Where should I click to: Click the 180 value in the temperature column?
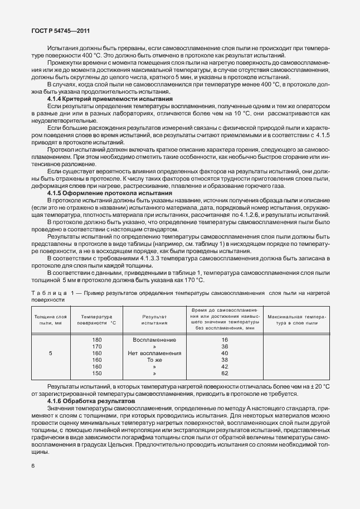click(96, 340)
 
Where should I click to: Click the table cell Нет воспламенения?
click(154, 353)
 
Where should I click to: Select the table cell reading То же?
click(154, 360)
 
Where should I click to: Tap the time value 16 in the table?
click(225, 340)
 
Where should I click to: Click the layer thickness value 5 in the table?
click(51, 353)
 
